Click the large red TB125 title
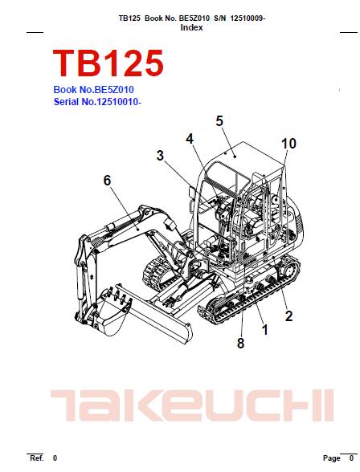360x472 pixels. pyautogui.click(x=108, y=63)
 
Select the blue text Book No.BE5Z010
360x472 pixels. pyautogui.click(x=93, y=90)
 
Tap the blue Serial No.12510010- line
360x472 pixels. pyautogui.click(x=97, y=102)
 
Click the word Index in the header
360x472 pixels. pyautogui.click(x=191, y=27)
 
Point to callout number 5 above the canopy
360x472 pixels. pyautogui.click(x=219, y=120)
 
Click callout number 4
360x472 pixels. pyautogui.click(x=190, y=139)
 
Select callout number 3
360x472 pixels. pyautogui.click(x=160, y=156)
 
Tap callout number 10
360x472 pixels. pyautogui.click(x=288, y=144)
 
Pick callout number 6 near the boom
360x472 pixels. pyautogui.click(x=107, y=181)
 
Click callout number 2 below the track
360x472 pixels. pyautogui.click(x=288, y=316)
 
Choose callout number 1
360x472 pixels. pyautogui.click(x=265, y=330)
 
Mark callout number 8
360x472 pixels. pyautogui.click(x=240, y=343)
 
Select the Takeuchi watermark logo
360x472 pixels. pyautogui.click(x=192, y=405)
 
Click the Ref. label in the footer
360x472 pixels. pyautogui.click(x=37, y=458)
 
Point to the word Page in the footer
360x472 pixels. pyautogui.click(x=332, y=458)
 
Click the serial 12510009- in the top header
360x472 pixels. pyautogui.click(x=247, y=18)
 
